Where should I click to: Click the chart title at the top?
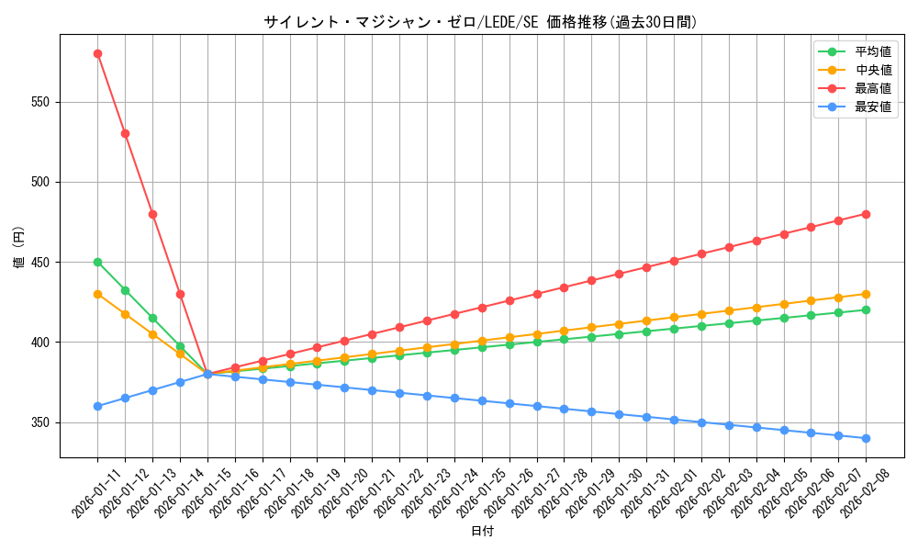480,22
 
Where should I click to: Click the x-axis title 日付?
482,532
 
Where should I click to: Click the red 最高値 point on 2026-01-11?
97,53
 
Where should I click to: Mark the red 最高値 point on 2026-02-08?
866,214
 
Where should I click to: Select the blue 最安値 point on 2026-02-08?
866,438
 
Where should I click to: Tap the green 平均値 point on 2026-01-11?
97,262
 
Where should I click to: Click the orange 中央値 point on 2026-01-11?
97,294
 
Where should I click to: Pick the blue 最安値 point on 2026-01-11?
97,406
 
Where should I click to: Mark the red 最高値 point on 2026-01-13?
152,214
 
